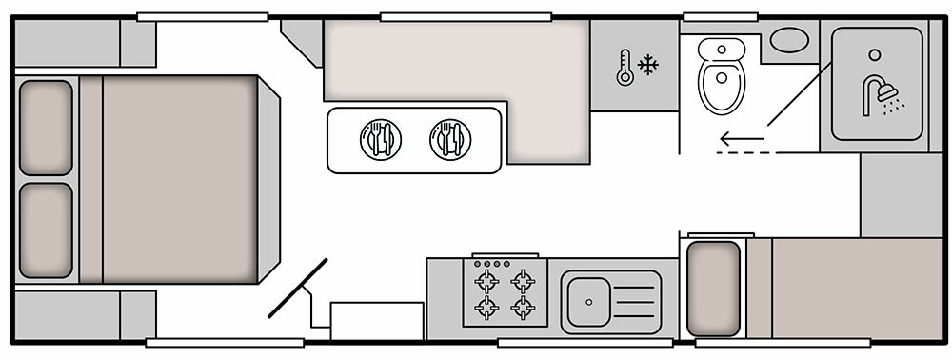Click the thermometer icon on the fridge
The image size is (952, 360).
[x=625, y=68]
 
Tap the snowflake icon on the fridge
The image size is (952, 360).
[x=648, y=66]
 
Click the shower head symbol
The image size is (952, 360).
[x=882, y=95]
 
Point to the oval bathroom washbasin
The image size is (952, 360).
[x=788, y=40]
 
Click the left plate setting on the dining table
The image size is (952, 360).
[x=380, y=139]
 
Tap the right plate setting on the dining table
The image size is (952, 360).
[x=449, y=139]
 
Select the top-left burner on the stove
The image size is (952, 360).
[x=486, y=281]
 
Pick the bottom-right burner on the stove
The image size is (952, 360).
[x=522, y=308]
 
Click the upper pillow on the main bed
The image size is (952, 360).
[x=46, y=128]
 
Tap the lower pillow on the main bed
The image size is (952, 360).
[x=46, y=230]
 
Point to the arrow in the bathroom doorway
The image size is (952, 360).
[x=742, y=140]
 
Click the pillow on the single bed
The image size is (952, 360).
[x=713, y=288]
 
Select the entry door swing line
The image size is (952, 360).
[x=298, y=288]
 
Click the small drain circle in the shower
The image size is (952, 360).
[x=875, y=54]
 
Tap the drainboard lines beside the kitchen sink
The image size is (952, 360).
[x=637, y=302]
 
